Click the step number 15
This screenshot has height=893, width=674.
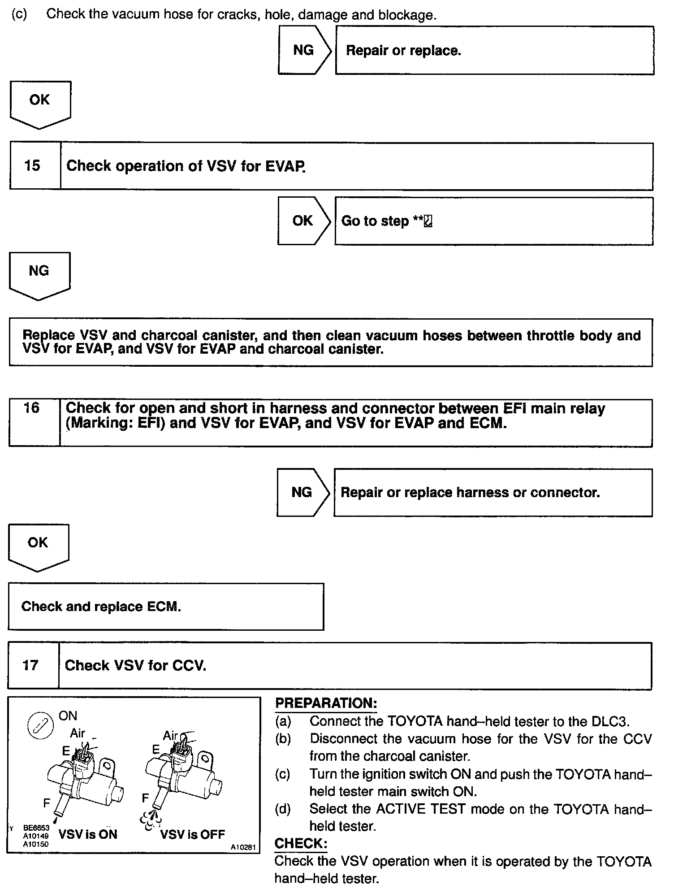32,166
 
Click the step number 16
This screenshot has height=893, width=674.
31,408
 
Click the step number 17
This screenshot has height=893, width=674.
30,665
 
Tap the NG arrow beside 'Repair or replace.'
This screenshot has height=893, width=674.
304,50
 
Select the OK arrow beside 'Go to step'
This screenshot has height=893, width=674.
303,221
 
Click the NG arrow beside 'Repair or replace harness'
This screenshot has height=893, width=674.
302,492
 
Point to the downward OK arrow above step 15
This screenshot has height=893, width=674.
40,103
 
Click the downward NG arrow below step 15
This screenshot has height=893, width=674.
39,274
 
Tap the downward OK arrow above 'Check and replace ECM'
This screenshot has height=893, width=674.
38,546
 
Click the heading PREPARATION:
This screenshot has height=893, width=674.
326,703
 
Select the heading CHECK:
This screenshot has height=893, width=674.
301,843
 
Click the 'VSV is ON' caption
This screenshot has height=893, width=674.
88,834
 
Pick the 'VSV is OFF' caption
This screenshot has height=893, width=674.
192,834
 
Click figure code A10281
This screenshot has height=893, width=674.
243,847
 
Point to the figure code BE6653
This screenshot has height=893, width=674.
36,828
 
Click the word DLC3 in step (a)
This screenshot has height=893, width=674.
610,721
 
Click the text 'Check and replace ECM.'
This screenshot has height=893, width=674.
101,607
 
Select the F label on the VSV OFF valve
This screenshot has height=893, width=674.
145,798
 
